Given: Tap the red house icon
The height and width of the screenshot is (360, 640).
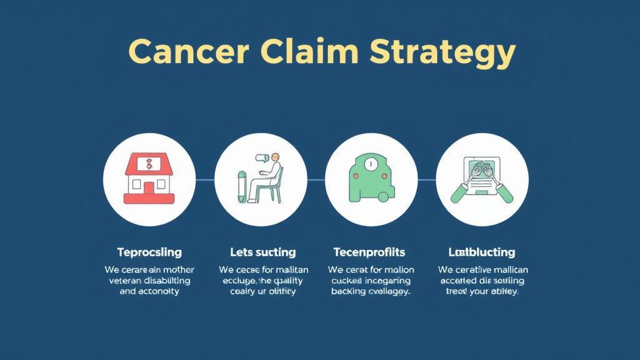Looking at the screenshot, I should (149, 179).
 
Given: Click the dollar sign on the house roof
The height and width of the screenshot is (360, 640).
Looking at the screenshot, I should (149, 164).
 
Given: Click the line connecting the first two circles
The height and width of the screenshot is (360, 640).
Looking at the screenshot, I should (204, 179).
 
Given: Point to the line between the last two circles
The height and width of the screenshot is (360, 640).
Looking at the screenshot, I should (427, 179).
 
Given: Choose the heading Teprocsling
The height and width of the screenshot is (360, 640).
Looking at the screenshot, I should (149, 252).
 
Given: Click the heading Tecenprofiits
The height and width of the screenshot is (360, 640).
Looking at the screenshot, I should (369, 252).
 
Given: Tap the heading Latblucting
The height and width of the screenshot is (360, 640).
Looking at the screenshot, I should (481, 252).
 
